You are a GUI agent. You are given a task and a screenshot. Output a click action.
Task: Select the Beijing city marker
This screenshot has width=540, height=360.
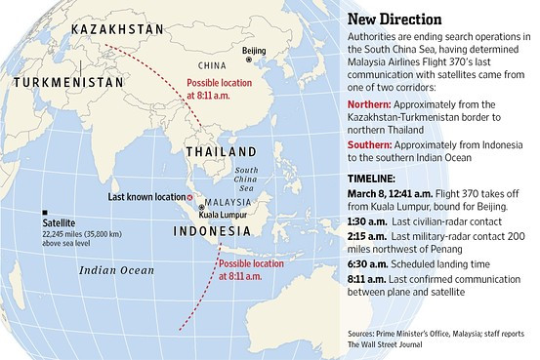(x=249, y=60)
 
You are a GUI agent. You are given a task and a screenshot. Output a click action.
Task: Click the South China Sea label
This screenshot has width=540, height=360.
(x=250, y=181)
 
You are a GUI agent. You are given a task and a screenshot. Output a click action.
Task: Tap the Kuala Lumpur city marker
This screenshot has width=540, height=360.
(x=201, y=207)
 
